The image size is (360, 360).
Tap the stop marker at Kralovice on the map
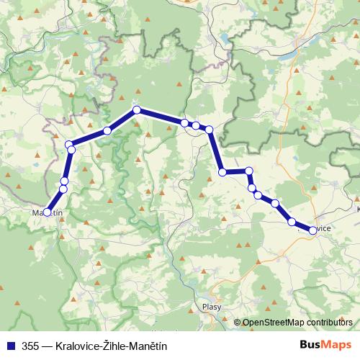[312, 230]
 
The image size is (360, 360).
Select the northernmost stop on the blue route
[135, 110]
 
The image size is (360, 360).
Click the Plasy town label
[212, 305]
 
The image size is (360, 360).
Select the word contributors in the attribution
[332, 323]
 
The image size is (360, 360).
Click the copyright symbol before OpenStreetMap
[238, 323]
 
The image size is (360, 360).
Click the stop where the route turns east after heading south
[222, 172]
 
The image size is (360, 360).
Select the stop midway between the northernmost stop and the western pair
[107, 130]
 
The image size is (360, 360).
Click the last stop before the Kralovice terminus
[292, 222]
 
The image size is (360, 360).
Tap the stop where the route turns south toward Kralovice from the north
[209, 130]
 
